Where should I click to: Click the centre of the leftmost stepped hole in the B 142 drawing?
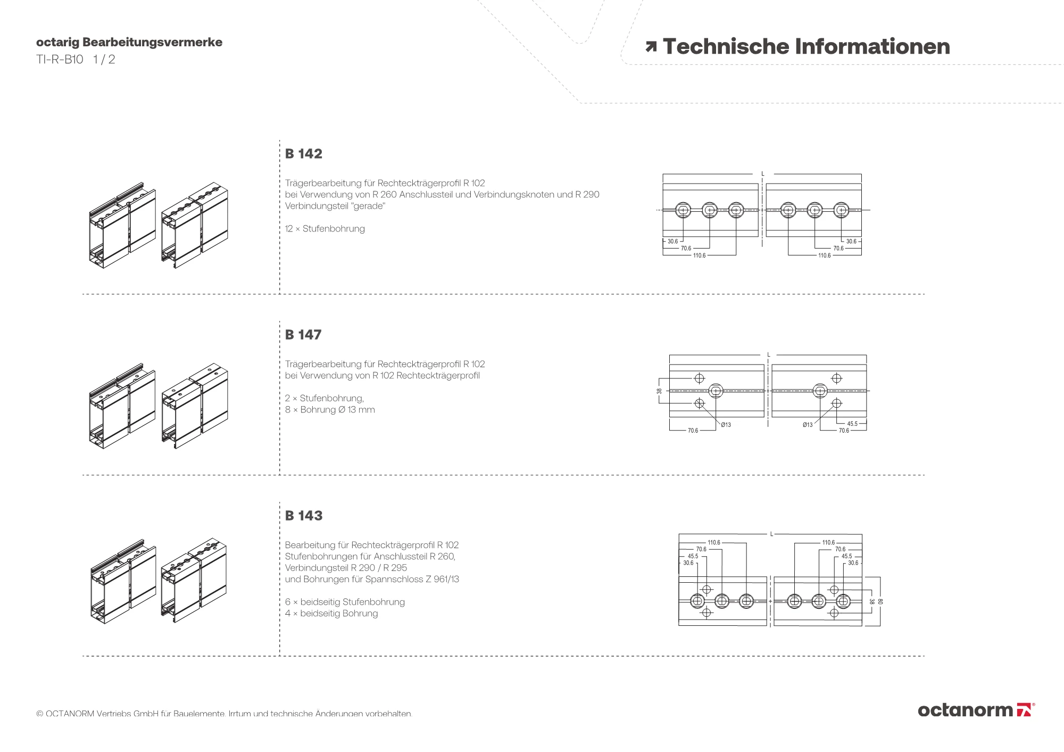tap(683, 210)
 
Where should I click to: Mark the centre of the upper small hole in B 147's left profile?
tap(700, 378)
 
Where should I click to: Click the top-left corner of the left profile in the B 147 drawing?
tap(669, 365)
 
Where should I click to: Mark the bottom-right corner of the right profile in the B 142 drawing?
tap(861, 237)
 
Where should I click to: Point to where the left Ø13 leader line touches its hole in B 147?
tap(702, 406)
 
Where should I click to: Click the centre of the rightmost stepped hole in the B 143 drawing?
tap(843, 601)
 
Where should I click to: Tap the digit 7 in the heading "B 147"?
tap(317, 335)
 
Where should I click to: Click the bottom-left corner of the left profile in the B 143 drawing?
tap(679, 625)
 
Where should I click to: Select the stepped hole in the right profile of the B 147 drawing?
tap(820, 391)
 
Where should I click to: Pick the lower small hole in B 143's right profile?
tap(834, 613)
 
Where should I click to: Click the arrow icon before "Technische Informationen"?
tap(651, 47)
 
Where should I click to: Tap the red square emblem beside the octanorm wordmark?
tap(1024, 710)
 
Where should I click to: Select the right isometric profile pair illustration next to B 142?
tap(194, 226)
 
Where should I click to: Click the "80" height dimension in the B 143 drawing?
tap(880, 601)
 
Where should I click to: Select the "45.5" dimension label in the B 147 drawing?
tap(852, 424)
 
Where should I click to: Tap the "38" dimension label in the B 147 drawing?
tap(660, 391)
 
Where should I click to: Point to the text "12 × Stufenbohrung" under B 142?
tap(325, 229)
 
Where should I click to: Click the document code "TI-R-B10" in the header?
tap(60, 60)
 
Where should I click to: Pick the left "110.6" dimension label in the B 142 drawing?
tap(699, 256)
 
